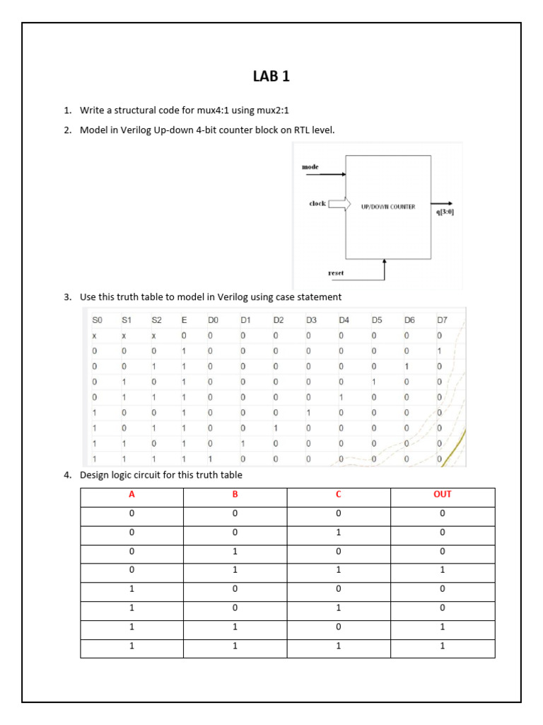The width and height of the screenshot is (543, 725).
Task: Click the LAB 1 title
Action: [271, 76]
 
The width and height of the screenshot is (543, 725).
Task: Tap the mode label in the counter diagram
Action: [310, 167]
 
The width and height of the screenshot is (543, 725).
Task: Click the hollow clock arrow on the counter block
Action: [339, 205]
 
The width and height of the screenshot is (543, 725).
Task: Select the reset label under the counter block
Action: [336, 273]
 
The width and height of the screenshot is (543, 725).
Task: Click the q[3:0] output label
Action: [445, 211]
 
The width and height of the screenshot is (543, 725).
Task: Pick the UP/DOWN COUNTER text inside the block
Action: [388, 207]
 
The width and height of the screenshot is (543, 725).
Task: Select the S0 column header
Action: [98, 320]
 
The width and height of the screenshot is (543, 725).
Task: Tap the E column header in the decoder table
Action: [185, 320]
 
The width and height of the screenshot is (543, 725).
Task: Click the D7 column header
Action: [442, 320]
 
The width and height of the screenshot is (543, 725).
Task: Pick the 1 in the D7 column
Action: [439, 350]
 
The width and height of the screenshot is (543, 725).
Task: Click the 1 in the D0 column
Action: [210, 459]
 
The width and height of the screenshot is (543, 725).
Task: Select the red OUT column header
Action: [443, 494]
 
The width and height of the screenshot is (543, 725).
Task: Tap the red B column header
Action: [235, 494]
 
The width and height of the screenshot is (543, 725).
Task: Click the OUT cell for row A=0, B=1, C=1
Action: [443, 569]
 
